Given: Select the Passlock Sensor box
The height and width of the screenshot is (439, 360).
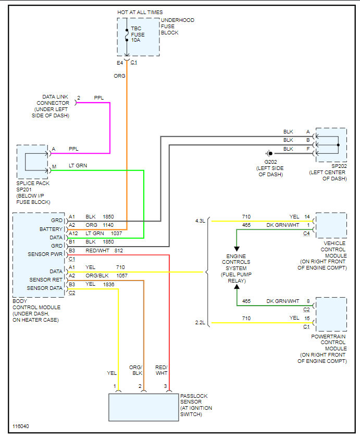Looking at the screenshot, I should (143, 407).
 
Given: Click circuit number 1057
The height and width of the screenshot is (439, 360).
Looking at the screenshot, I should (121, 275).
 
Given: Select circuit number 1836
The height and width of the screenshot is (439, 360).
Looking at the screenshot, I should (109, 284).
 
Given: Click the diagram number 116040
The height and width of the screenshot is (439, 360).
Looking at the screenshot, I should (21, 426).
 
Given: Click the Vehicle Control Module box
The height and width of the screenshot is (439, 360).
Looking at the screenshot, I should (331, 225).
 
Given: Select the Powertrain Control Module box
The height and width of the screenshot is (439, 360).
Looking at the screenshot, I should (331, 314).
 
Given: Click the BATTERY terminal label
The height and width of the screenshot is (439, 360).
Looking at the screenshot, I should (51, 229).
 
